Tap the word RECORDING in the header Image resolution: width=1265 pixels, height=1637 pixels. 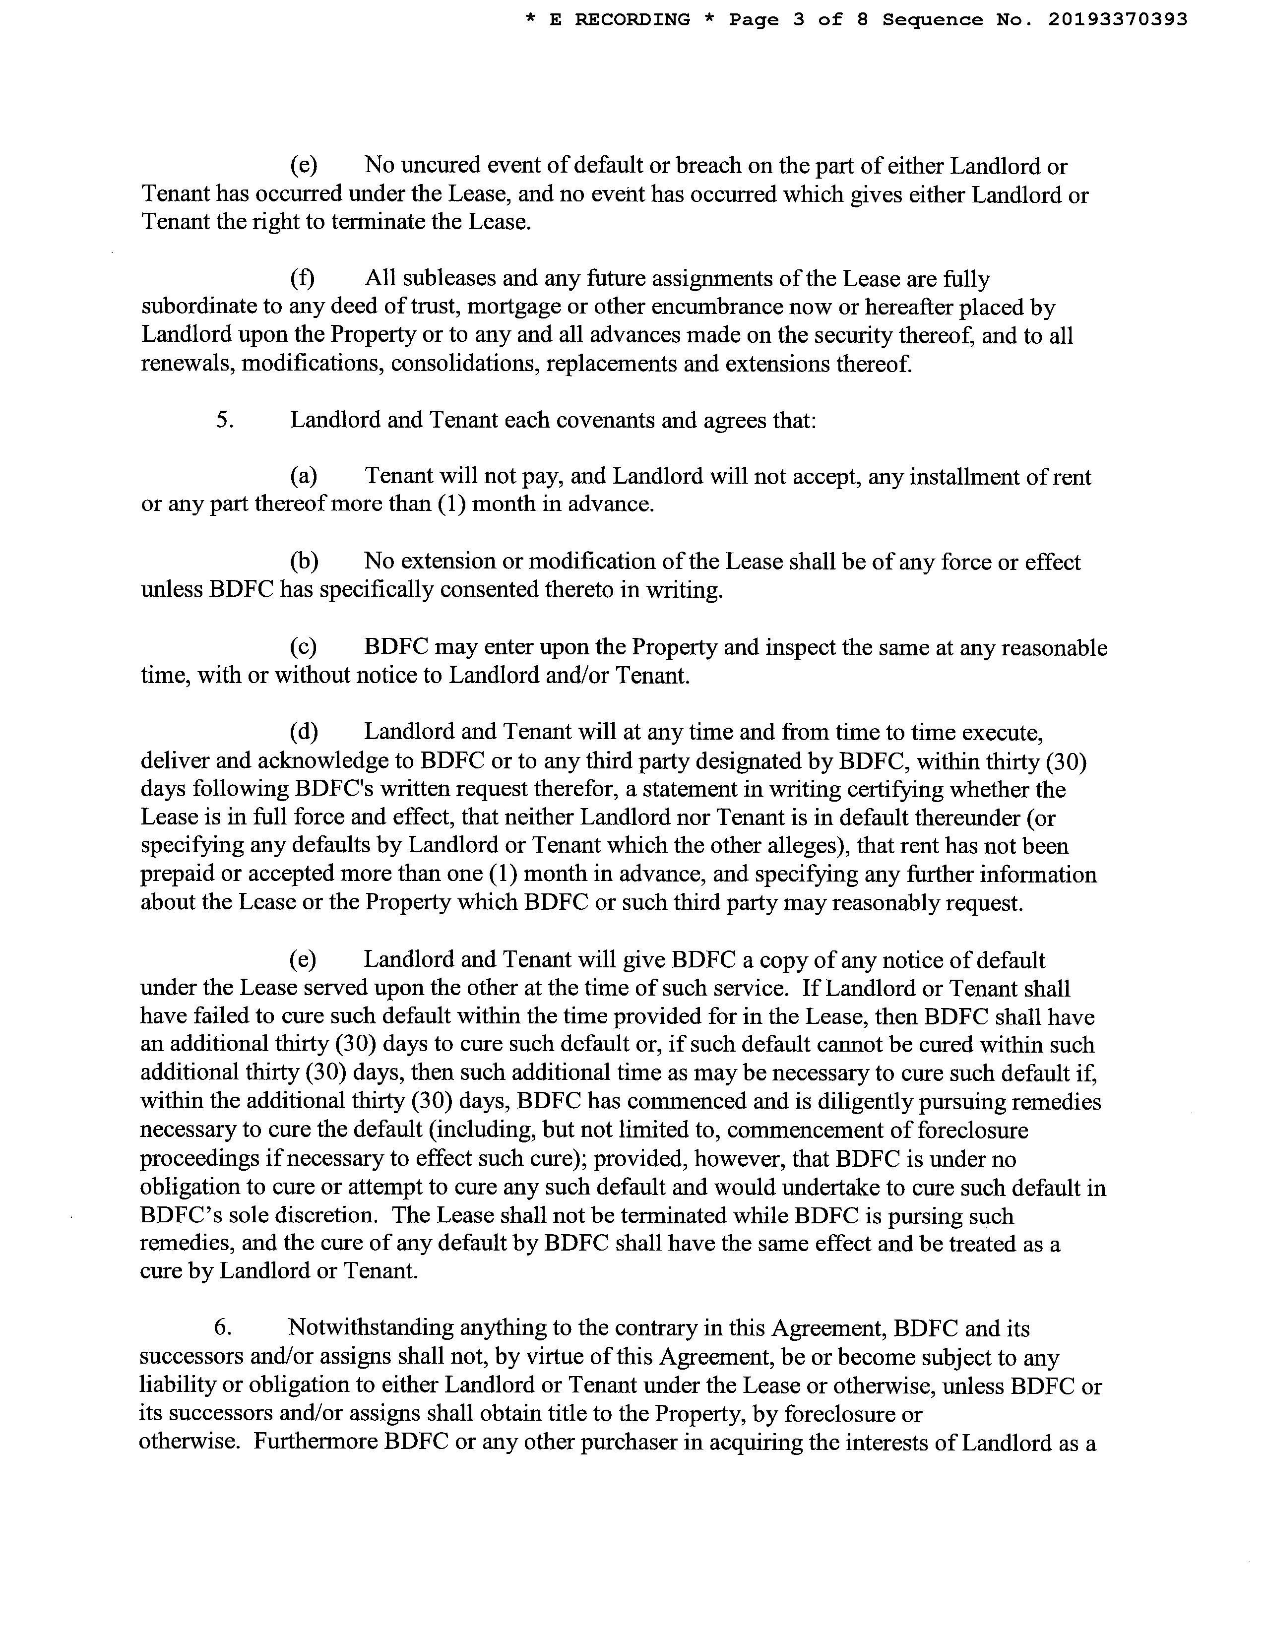(x=632, y=20)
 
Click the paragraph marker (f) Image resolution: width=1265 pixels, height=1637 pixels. (x=302, y=279)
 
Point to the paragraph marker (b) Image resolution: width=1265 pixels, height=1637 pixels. (x=304, y=562)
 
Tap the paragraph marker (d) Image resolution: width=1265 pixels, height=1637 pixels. (x=304, y=732)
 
